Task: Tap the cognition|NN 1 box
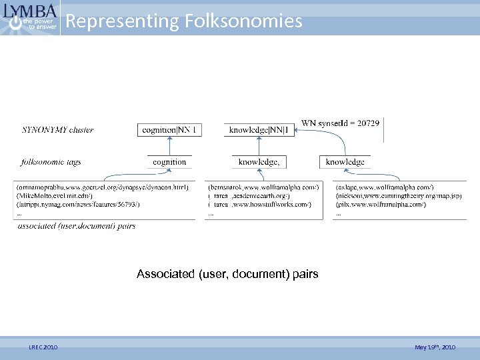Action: [170, 130]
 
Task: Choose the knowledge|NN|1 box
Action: [260, 130]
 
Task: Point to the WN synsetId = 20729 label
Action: [340, 123]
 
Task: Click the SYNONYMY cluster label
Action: [58, 130]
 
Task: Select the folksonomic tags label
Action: [51, 161]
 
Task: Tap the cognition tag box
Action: [169, 162]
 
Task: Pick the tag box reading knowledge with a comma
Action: [259, 162]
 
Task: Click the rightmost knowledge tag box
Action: [345, 162]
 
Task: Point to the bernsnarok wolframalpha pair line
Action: [264, 187]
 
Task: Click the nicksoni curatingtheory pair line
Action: [399, 196]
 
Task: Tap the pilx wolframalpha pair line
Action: [381, 205]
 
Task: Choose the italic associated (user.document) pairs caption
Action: [77, 226]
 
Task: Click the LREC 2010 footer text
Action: [43, 347]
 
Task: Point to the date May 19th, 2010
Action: [435, 347]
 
